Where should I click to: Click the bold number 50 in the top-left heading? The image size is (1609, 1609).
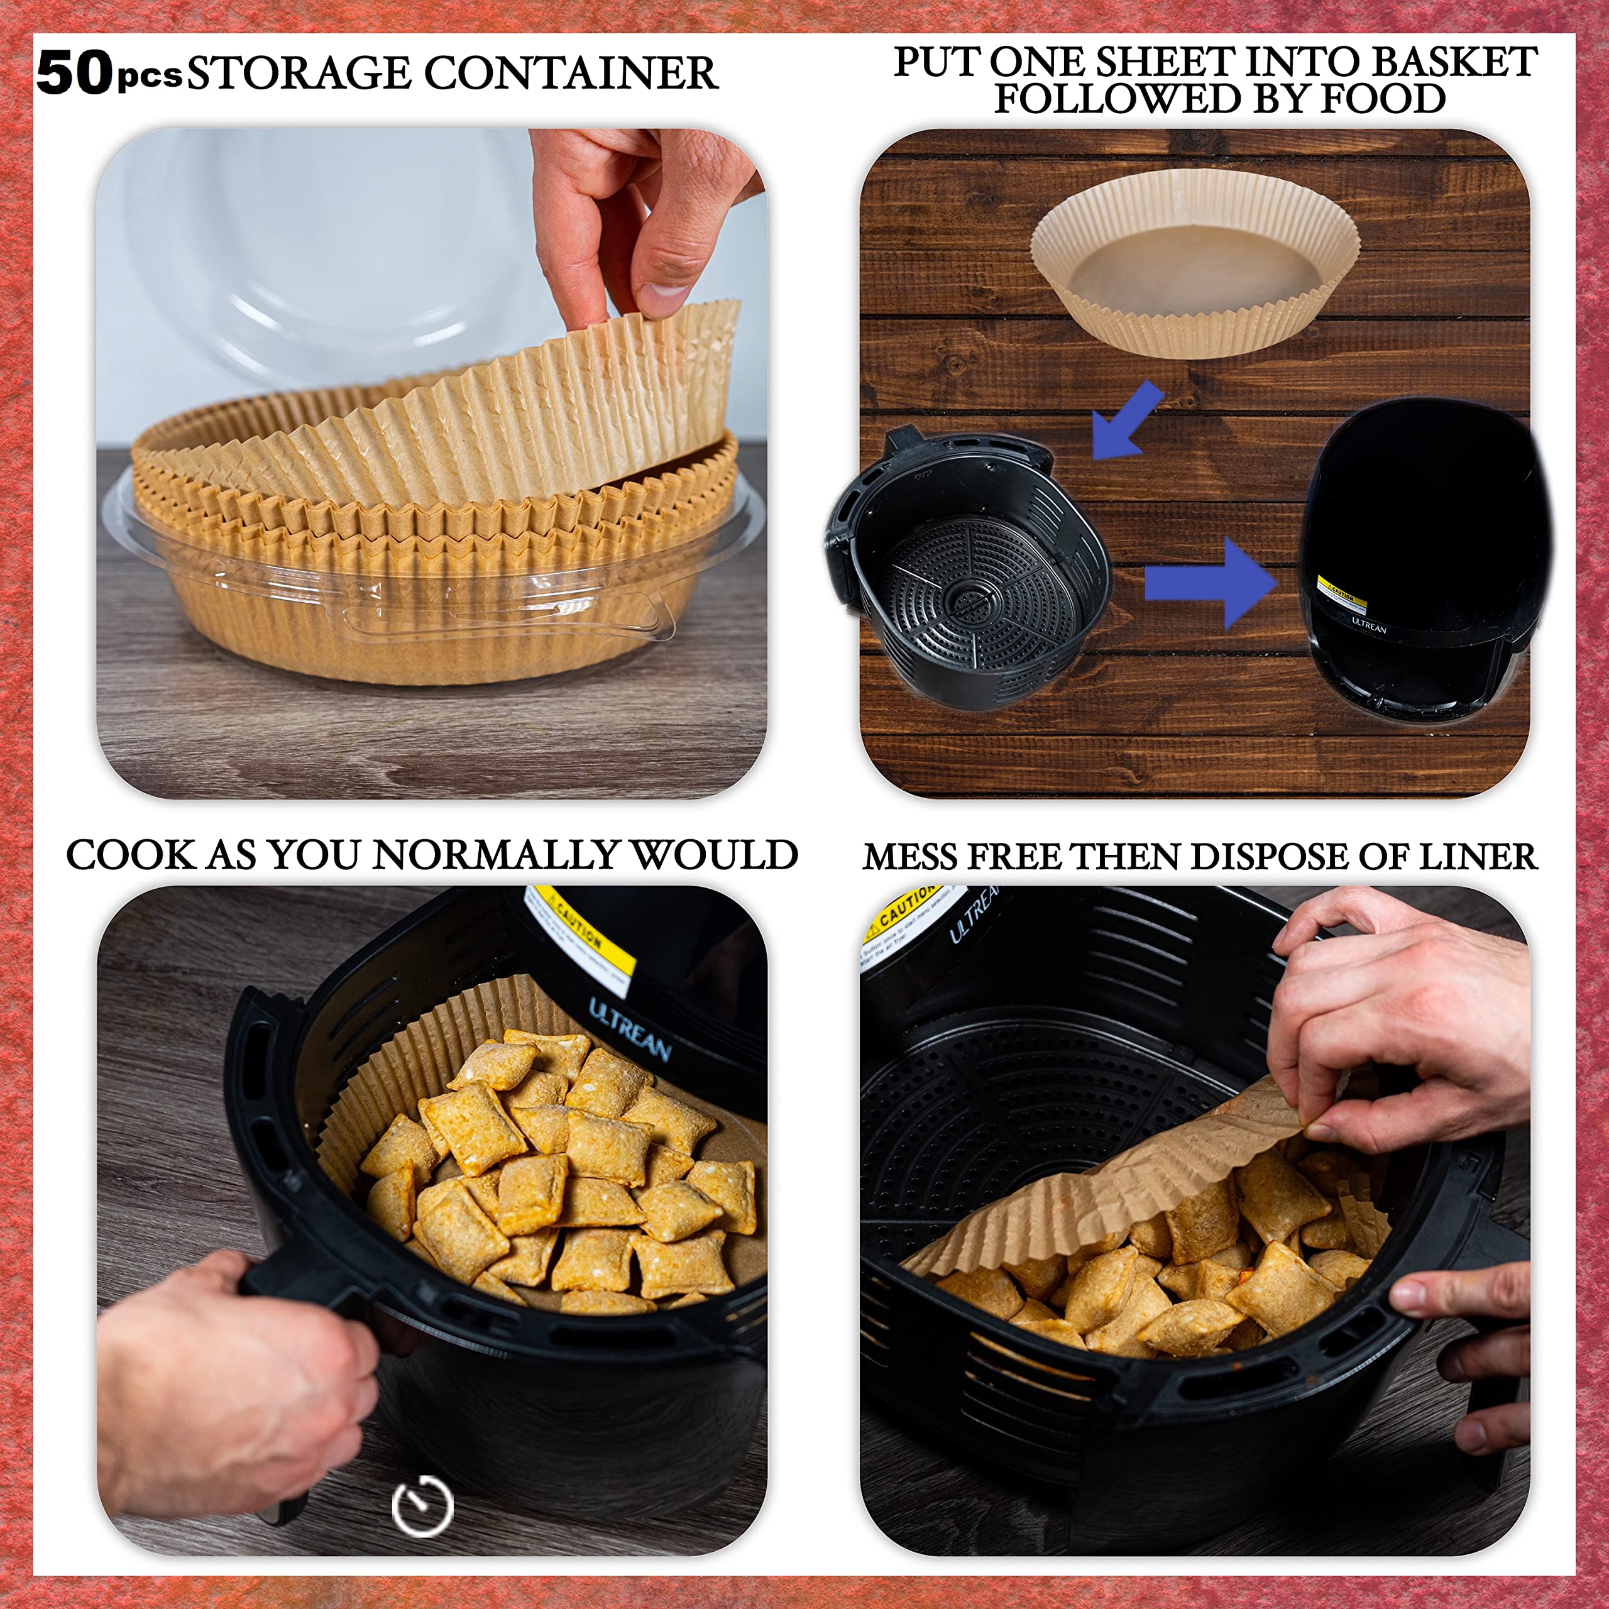(74, 74)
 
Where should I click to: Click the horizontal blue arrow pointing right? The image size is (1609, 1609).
(1212, 582)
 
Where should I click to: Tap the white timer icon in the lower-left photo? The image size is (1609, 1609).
(422, 1505)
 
